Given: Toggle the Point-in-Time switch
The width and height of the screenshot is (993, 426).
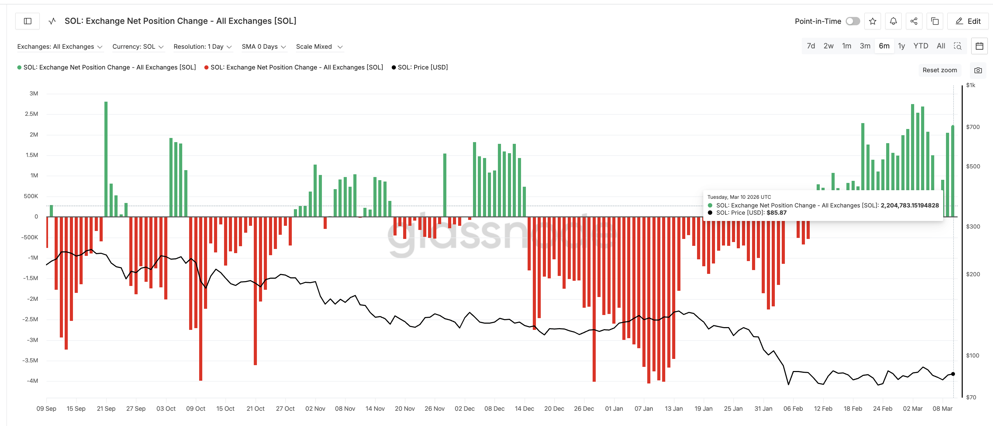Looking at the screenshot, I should point(852,21).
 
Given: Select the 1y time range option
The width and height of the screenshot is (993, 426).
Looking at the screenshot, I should point(901,46).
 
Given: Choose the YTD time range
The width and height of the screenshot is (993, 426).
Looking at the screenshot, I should point(920,46).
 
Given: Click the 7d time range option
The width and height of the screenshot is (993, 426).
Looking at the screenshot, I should point(811,46).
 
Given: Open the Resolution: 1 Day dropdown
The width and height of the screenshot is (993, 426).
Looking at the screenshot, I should point(202,47).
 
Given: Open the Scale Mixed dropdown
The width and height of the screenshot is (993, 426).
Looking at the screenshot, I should point(319,47).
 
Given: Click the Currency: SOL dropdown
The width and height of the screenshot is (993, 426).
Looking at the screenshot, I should point(138,47).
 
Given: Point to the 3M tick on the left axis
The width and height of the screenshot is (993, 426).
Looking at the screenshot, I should point(34,94).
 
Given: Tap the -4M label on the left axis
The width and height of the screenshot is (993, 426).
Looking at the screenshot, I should point(33,381).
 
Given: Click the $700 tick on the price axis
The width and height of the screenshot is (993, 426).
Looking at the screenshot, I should point(973,127).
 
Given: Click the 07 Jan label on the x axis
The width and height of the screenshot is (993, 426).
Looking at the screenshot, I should point(643,409).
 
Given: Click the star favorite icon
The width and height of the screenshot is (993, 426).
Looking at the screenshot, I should point(872,21).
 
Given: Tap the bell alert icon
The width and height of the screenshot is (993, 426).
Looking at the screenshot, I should point(893,21).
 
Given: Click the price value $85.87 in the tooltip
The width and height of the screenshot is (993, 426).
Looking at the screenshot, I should point(776,213).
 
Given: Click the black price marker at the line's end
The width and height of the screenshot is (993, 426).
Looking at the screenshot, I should point(953,374).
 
